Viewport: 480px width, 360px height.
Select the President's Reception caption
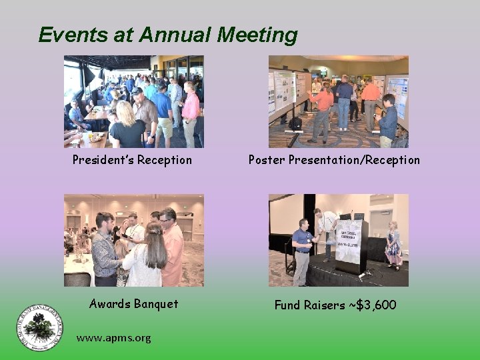(133, 160)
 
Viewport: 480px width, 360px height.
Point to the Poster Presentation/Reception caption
(334, 160)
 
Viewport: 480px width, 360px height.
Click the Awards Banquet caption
(134, 304)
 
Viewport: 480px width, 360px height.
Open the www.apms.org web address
(113, 338)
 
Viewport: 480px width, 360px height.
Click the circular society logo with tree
(41, 327)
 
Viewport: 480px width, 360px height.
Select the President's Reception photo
(134, 101)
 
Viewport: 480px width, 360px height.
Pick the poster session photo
(338, 101)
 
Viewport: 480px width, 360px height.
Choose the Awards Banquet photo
(134, 240)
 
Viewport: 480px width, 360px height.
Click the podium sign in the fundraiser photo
(349, 242)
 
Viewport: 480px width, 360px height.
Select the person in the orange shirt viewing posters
(323, 107)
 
